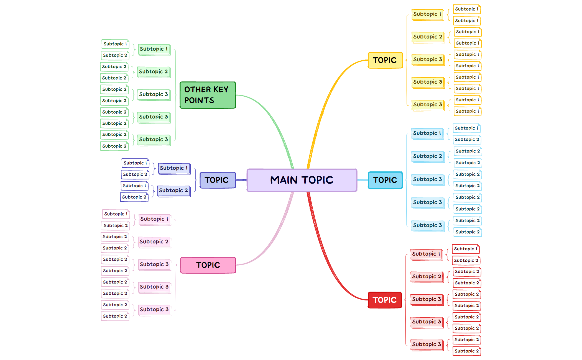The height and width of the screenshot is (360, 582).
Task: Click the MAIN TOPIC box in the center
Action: click(302, 180)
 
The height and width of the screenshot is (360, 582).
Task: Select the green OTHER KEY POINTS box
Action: click(208, 95)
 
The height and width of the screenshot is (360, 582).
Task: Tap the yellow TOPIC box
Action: click(385, 60)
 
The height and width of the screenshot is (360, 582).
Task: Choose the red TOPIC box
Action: click(385, 300)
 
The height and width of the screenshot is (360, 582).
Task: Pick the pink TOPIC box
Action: click(208, 265)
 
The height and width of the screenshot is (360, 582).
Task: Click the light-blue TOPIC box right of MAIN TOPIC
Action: click(385, 180)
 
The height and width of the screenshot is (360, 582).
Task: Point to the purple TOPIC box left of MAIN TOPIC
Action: click(218, 180)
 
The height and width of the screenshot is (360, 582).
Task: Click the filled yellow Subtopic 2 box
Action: click(428, 37)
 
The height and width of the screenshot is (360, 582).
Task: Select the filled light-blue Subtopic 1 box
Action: click(427, 133)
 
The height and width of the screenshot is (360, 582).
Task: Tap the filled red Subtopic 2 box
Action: click(427, 277)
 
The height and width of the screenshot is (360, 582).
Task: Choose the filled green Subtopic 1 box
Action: click(154, 49)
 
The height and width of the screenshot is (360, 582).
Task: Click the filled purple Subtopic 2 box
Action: click(174, 191)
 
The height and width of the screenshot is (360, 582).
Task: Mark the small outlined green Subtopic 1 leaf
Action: click(115, 44)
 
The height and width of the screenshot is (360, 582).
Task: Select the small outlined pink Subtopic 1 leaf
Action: click(116, 214)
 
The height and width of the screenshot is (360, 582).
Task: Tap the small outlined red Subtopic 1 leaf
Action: click(466, 249)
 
